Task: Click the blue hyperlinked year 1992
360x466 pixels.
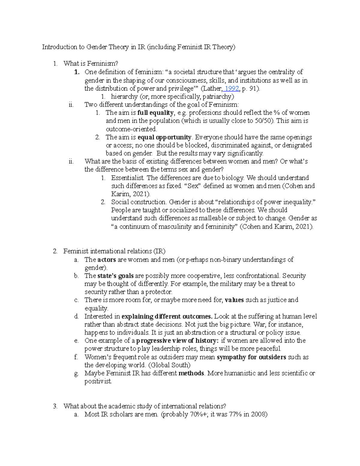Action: click(232, 89)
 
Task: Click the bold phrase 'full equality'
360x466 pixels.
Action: click(155, 113)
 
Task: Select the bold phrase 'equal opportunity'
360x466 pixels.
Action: click(164, 137)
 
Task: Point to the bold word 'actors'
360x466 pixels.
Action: click(106, 260)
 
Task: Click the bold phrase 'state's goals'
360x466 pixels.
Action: click(115, 276)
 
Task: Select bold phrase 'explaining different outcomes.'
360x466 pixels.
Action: click(167, 316)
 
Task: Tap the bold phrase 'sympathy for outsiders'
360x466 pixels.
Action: click(251, 357)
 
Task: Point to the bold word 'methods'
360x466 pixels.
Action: click(191, 373)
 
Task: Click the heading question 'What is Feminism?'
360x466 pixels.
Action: click(91, 64)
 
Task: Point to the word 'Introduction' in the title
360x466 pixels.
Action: click(59, 47)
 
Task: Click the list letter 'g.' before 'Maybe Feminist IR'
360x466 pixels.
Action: click(76, 373)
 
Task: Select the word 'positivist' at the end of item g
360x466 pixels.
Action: click(98, 382)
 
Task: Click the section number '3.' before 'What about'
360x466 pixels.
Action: click(55, 406)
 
